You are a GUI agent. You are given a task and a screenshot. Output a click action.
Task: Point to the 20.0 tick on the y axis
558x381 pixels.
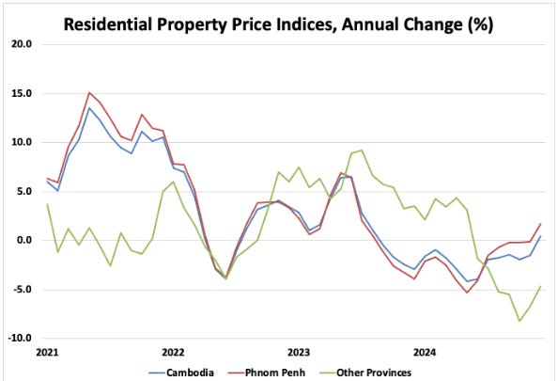click(x=22, y=44)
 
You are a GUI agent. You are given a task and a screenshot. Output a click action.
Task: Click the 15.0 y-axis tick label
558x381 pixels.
click(x=22, y=93)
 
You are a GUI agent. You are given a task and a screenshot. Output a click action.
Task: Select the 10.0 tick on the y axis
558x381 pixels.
click(x=22, y=142)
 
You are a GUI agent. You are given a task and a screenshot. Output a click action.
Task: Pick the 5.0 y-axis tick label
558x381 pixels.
click(x=24, y=191)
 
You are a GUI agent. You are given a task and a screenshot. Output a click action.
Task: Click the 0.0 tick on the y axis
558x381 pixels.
click(x=24, y=240)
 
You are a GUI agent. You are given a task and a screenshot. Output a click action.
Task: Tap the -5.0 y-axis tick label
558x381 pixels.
click(x=23, y=289)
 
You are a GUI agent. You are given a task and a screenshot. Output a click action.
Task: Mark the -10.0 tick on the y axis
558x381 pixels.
click(x=21, y=338)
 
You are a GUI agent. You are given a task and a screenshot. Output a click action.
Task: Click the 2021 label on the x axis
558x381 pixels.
click(x=47, y=353)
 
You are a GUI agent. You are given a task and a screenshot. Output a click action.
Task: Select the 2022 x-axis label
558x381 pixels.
click(x=173, y=353)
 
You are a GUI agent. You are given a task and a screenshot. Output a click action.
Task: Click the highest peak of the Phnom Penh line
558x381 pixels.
click(x=89, y=92)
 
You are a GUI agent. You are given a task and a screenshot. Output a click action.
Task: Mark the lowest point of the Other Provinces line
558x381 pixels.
click(x=519, y=321)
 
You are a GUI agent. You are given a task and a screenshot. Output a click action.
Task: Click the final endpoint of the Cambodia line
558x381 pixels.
click(x=540, y=236)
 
